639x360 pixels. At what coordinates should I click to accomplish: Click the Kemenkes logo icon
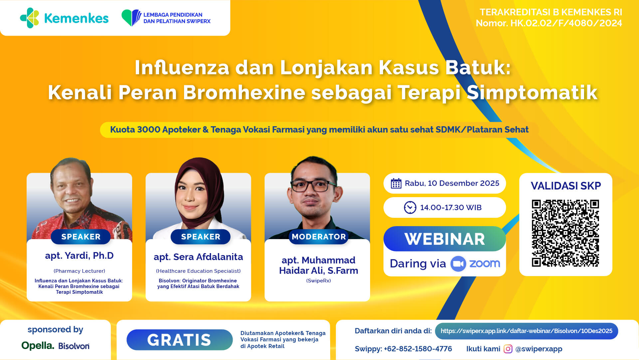(30, 18)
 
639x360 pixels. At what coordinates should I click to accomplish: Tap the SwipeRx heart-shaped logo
(131, 18)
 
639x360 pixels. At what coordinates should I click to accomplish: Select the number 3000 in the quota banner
(148, 130)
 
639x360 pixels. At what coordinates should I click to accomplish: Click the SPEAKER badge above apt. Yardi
(81, 237)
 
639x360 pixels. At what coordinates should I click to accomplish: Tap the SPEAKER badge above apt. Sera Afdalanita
(200, 237)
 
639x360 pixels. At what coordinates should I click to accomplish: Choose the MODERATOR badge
(319, 237)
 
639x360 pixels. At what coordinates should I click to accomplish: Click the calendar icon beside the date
(396, 183)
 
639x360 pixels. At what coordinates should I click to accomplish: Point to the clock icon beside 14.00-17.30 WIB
(410, 207)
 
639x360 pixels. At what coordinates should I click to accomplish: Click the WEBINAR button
(445, 239)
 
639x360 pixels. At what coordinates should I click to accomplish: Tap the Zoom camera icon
(458, 264)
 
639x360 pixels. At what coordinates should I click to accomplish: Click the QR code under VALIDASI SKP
(565, 233)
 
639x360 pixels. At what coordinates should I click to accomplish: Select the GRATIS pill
(179, 340)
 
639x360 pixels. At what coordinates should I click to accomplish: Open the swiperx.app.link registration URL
(527, 331)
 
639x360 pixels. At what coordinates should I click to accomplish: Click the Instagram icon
(508, 349)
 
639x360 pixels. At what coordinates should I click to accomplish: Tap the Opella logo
(38, 346)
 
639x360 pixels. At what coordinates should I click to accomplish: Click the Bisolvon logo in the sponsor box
(74, 346)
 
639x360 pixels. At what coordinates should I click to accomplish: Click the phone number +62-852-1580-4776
(418, 349)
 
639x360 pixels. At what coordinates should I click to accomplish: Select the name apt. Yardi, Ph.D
(79, 255)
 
